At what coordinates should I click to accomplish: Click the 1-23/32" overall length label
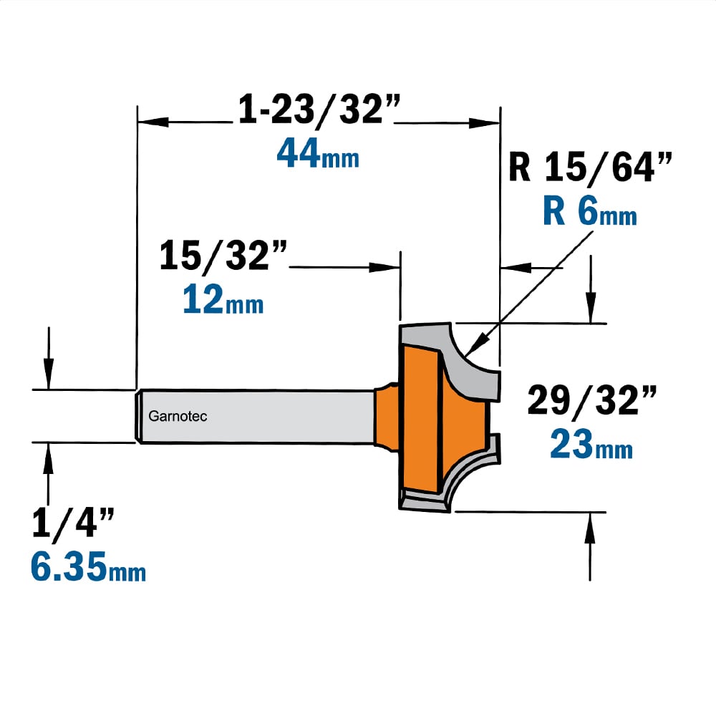pyautogui.click(x=319, y=110)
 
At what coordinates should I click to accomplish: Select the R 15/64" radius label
pyautogui.click(x=590, y=168)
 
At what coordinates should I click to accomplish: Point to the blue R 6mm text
pyautogui.click(x=589, y=211)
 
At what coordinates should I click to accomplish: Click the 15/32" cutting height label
pyautogui.click(x=223, y=255)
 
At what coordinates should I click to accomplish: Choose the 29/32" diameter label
pyautogui.click(x=592, y=400)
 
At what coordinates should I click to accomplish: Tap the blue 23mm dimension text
pyautogui.click(x=591, y=443)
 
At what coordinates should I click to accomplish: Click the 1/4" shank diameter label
pyautogui.click(x=72, y=523)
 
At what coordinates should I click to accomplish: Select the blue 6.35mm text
pyautogui.click(x=88, y=566)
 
